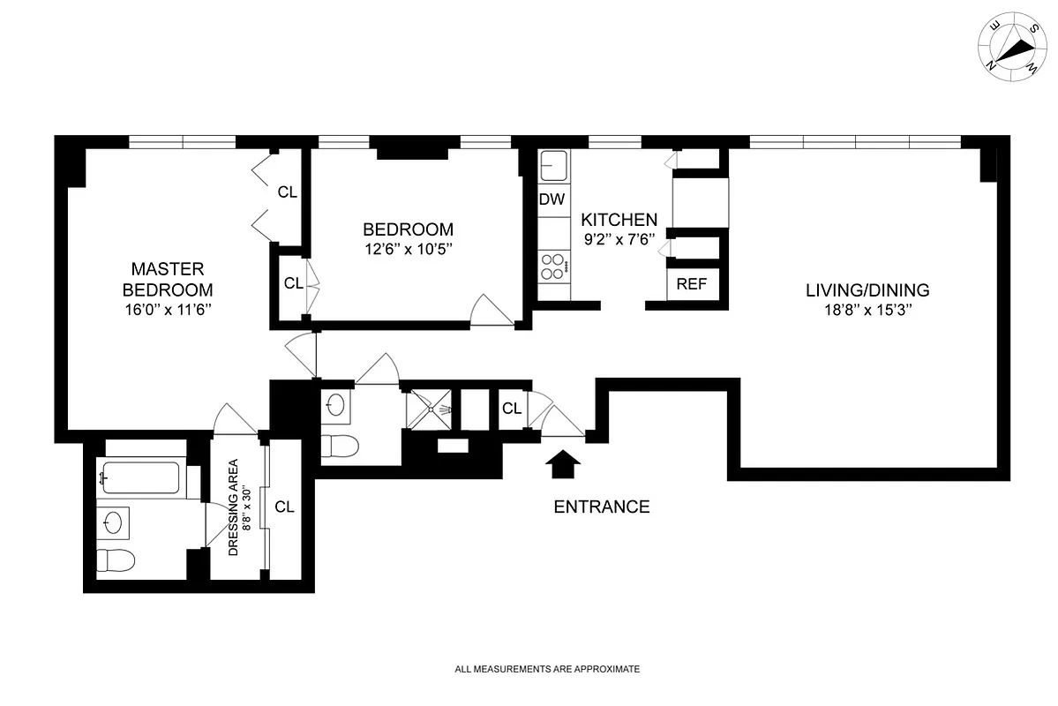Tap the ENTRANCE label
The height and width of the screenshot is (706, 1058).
601,507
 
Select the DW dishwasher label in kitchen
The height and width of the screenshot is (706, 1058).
552,200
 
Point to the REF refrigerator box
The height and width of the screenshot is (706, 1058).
691,284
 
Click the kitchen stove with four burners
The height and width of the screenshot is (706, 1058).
553,267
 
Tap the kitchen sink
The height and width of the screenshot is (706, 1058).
553,165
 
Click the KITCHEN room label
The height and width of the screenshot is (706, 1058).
619,220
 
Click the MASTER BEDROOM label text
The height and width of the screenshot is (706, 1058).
168,279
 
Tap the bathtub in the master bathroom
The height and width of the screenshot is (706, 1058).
141,479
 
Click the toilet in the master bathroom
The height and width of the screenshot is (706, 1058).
115,560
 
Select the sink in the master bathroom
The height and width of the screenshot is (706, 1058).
113,521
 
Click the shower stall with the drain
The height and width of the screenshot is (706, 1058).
429,409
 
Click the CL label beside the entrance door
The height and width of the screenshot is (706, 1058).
511,409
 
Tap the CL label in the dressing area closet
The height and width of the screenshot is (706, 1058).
284,507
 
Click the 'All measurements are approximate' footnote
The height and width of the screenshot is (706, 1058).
547,670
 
